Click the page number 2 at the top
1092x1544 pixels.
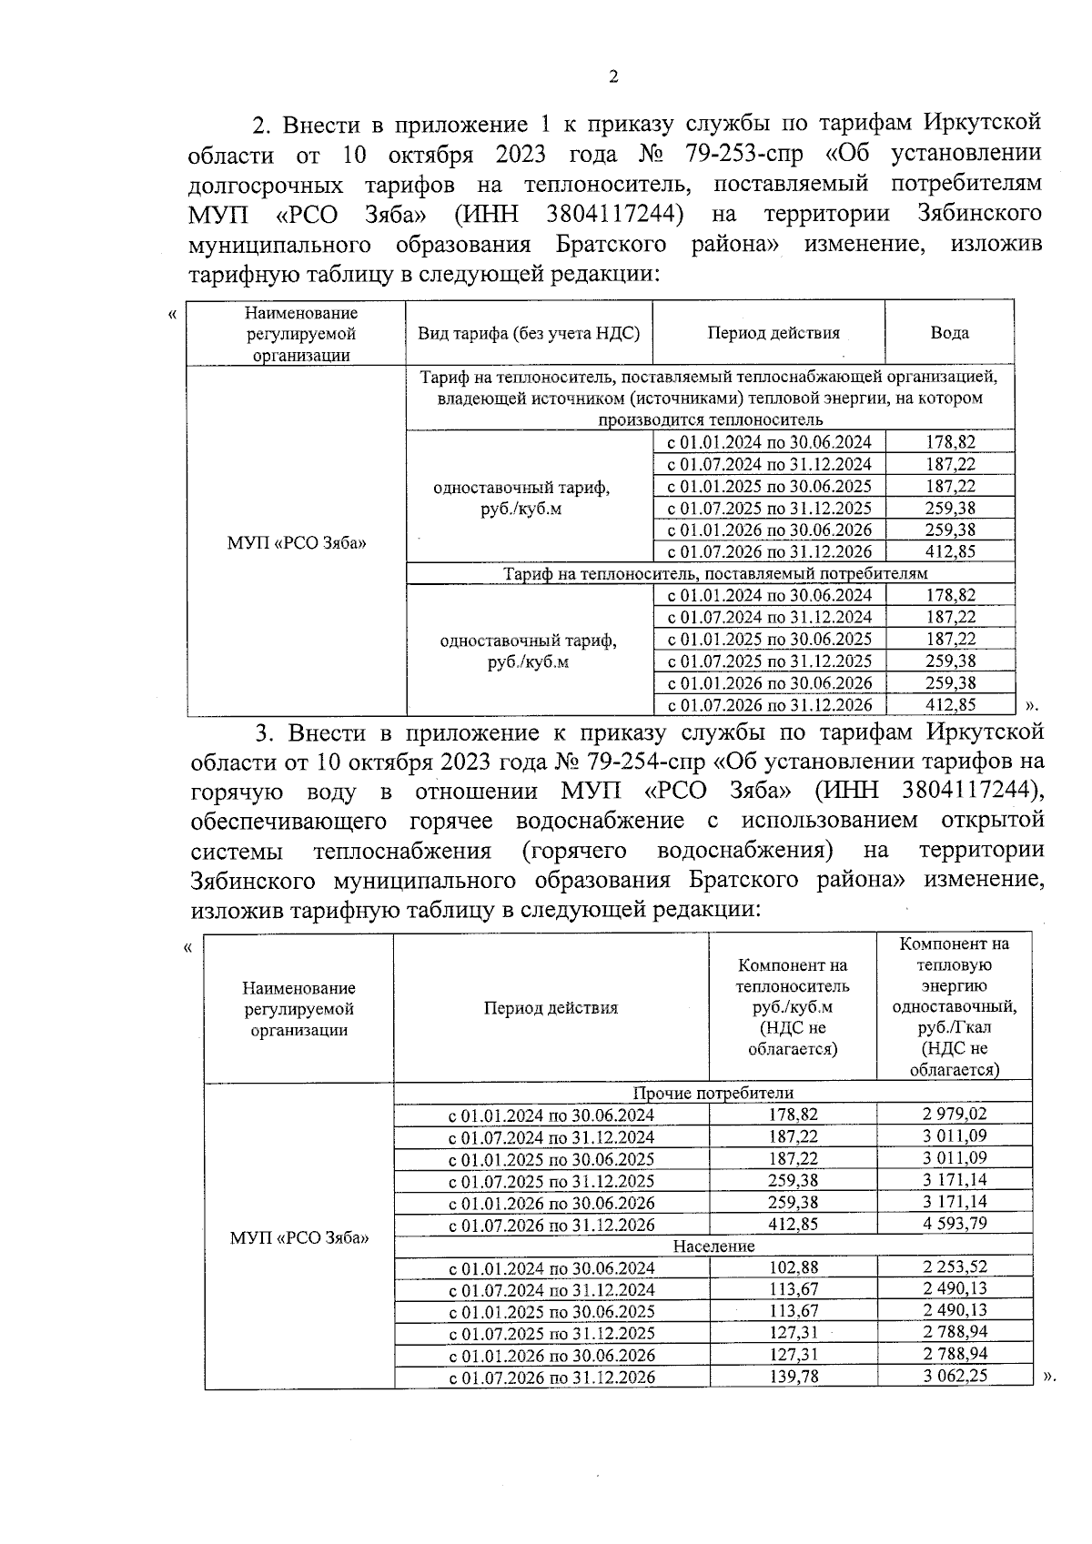coord(612,77)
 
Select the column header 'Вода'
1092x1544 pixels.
coord(949,333)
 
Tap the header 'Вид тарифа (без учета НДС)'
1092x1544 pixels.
coord(529,333)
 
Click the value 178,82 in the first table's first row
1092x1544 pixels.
coord(950,442)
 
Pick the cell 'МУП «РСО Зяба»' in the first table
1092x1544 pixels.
coord(297,543)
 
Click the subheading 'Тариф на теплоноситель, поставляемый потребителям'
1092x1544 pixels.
coord(715,573)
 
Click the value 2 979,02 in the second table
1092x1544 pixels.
coord(954,1114)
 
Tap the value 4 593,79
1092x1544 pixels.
coord(954,1223)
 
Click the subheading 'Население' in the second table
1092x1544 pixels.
coord(713,1246)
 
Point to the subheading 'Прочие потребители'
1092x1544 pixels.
coord(713,1093)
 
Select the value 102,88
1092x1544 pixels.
coord(793,1267)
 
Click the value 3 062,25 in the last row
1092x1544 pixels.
coord(954,1376)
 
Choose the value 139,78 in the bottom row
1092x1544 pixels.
coord(793,1377)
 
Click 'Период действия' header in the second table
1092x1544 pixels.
coord(551,1008)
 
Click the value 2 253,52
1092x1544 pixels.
coord(954,1266)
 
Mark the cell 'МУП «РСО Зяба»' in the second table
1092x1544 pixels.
coord(299,1238)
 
